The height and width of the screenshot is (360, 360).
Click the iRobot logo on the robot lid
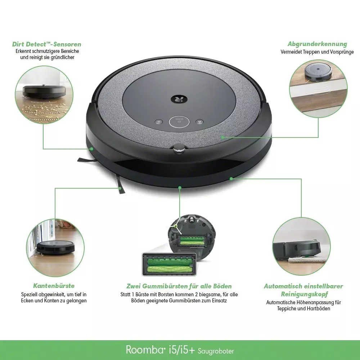tap(179, 99)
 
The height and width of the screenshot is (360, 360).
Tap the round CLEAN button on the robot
tap(179, 122)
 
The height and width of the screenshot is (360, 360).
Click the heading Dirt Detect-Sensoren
tap(46, 44)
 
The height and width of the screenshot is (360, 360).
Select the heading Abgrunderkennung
tap(317, 44)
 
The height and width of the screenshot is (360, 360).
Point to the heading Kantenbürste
tap(54, 285)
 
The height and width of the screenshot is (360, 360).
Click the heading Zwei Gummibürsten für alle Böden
tap(179, 286)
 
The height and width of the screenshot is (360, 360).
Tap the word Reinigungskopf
tap(305, 294)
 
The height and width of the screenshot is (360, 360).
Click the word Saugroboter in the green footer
tap(216, 351)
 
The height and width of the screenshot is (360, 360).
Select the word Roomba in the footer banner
tap(145, 350)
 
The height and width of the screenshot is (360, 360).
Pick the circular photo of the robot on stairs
tap(318, 89)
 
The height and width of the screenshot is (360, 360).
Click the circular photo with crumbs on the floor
tap(44, 95)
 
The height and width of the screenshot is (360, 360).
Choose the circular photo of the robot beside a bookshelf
tap(55, 248)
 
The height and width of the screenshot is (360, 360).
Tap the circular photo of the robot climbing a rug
tap(301, 246)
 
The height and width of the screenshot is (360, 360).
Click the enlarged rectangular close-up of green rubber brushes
tap(170, 264)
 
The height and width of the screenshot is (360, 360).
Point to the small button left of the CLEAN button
tap(159, 122)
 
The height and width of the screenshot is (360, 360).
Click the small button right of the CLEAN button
tap(199, 121)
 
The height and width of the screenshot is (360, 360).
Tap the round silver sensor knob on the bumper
tap(179, 148)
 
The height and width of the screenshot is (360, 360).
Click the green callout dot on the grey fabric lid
tap(222, 137)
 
